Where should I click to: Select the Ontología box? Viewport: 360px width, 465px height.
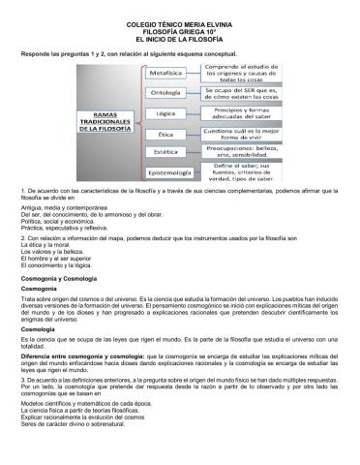click(171, 93)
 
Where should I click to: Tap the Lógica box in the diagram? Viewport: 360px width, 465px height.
click(171, 113)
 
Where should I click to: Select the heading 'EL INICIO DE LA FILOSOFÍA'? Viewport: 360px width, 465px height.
click(180, 36)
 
